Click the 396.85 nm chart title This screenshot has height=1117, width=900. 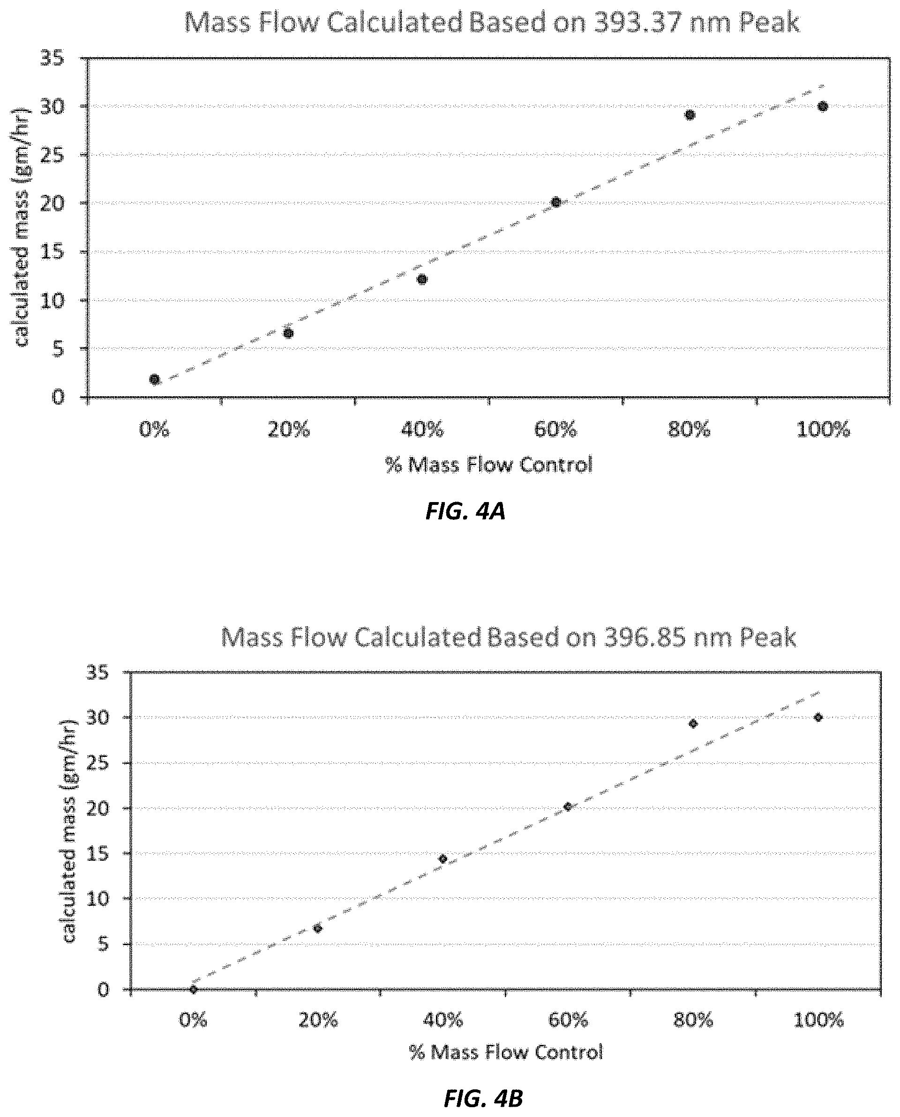tap(509, 637)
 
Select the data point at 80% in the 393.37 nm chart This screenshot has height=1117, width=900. tap(690, 114)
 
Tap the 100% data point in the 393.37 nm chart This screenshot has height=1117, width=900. tap(823, 107)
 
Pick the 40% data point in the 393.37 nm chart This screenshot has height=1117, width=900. tap(422, 280)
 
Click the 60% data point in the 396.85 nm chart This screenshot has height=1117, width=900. tap(568, 806)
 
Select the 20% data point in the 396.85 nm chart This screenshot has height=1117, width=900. tap(318, 928)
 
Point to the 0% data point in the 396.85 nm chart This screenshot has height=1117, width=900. tap(194, 990)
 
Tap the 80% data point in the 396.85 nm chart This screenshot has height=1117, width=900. tap(693, 724)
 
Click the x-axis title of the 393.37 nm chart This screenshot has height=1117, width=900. tap(489, 465)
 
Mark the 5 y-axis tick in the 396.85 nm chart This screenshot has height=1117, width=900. tap(104, 945)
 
